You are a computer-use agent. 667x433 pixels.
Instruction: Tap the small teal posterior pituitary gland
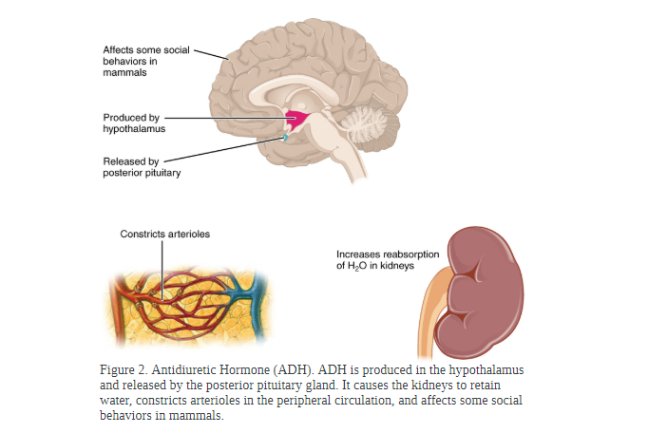point(284,139)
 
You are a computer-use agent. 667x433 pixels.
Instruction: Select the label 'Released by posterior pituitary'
point(141,166)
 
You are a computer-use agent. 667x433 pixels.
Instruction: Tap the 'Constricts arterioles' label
point(164,234)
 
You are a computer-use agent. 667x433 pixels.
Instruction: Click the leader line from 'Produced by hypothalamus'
point(228,119)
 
